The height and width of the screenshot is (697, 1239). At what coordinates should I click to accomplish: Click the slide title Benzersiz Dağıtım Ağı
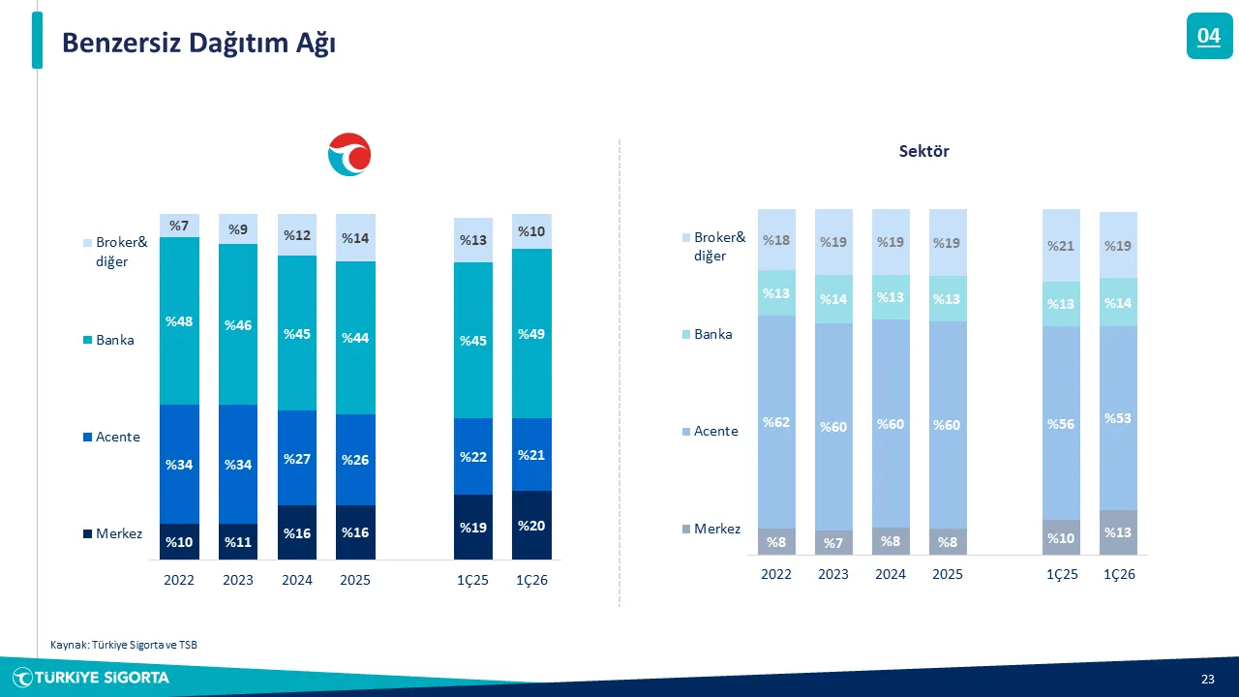[198, 43]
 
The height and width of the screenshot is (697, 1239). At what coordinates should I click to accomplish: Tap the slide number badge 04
[1209, 37]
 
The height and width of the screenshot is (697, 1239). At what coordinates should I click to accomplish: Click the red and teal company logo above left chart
[349, 155]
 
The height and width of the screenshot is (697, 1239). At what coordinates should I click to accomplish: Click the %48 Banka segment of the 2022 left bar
[179, 321]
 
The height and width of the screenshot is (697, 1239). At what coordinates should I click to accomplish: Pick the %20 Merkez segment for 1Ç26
[531, 526]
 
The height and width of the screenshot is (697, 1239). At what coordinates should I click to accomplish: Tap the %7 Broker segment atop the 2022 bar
[179, 226]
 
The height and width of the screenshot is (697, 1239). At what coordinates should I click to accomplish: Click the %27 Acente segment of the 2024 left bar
[296, 458]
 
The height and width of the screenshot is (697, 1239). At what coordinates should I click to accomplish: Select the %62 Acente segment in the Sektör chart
[776, 422]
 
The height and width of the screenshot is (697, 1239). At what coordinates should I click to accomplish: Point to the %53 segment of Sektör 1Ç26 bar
[1118, 418]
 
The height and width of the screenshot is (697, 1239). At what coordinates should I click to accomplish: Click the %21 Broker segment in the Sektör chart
[1061, 246]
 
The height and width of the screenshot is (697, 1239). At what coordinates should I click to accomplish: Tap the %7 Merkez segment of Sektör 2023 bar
[833, 543]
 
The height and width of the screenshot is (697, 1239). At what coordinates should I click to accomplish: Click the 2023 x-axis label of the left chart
[237, 581]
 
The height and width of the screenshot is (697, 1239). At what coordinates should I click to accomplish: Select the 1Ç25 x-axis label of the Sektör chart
[1061, 574]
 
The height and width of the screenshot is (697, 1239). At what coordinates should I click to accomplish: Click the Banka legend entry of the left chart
[114, 341]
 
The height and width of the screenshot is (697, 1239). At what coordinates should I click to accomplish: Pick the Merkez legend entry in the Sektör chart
[716, 529]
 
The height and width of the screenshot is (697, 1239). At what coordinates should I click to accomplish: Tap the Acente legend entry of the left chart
[117, 437]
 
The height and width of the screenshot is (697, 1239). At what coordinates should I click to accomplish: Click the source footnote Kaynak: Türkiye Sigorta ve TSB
[123, 645]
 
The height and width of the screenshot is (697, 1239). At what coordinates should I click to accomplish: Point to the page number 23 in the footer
[1207, 678]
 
